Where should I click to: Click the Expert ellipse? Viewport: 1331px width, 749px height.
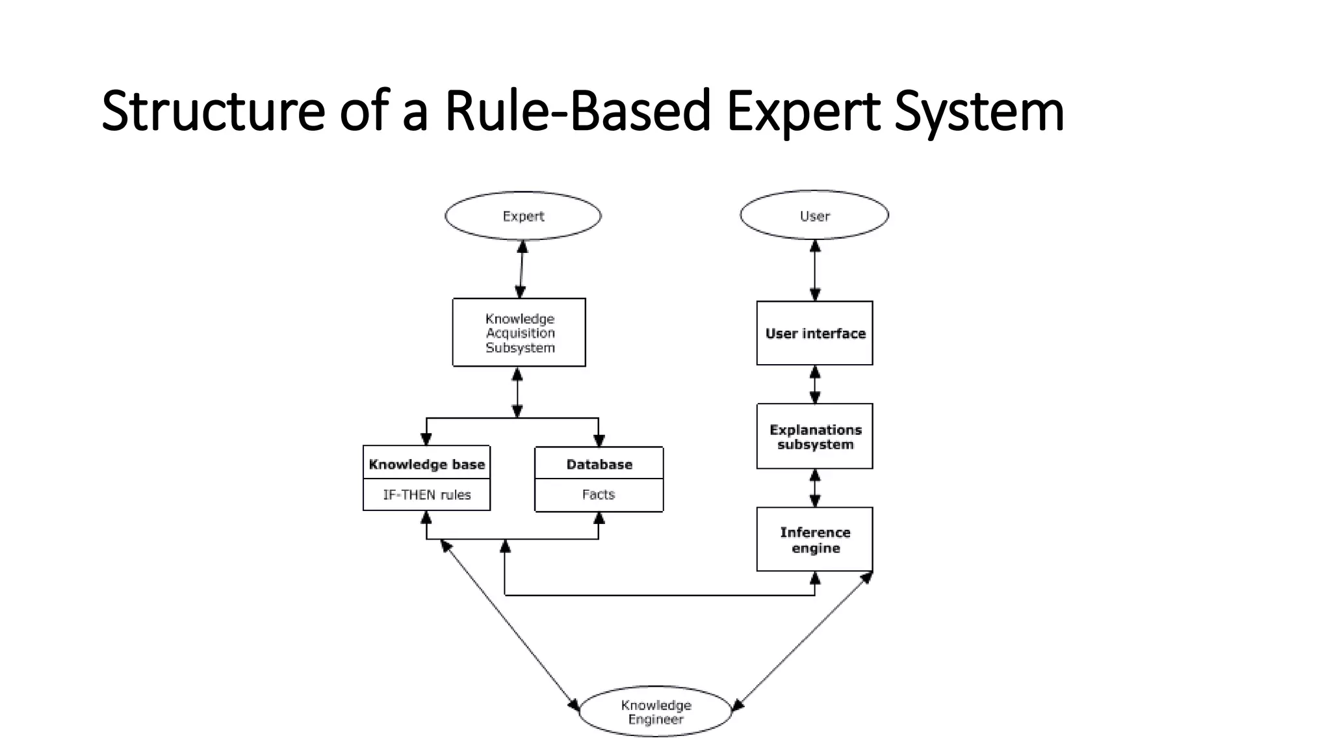(x=523, y=216)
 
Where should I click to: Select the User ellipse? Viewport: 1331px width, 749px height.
(x=814, y=216)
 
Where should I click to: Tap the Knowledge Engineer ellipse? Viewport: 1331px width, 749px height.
(x=655, y=712)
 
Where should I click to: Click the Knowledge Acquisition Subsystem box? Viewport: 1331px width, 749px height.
(x=519, y=333)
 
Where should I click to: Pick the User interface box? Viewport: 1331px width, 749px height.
(x=814, y=334)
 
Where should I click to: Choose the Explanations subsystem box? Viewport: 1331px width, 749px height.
(x=814, y=437)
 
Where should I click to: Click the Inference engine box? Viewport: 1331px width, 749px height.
(x=814, y=540)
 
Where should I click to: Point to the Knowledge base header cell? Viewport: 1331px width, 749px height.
(x=426, y=464)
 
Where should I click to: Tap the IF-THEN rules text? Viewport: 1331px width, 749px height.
(x=426, y=495)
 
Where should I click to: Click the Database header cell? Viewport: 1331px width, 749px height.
(x=599, y=464)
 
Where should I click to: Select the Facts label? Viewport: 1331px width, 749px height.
(x=599, y=495)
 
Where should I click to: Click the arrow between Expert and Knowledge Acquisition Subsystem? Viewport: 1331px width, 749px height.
(x=521, y=269)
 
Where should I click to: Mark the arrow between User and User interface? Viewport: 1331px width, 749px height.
(x=815, y=270)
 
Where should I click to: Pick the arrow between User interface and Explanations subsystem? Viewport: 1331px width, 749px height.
(x=815, y=384)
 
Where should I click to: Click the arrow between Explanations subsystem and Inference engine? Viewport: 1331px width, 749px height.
(x=815, y=488)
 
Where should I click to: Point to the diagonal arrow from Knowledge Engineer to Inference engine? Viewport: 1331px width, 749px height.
(x=803, y=640)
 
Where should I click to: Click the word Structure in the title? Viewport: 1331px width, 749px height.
(x=213, y=111)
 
